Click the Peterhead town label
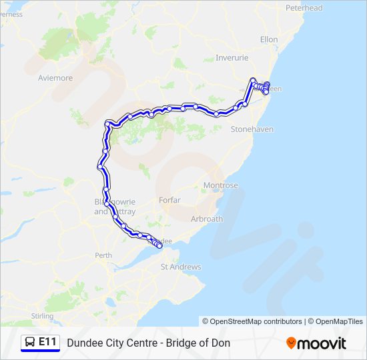pos(304,8)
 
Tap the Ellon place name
pos(269,40)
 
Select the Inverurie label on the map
pos(232,58)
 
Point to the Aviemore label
pos(55,78)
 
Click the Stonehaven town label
pos(252,129)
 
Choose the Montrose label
pos(220,185)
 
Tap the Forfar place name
pos(170,200)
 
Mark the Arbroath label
pos(206,219)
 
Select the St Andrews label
pos(181,267)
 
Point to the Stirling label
pos(42,315)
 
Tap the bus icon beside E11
pos(30,343)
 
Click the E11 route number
pos(47,343)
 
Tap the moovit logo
pos(316,343)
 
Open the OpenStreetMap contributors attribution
pos(252,321)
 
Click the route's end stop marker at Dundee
pos(159,245)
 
